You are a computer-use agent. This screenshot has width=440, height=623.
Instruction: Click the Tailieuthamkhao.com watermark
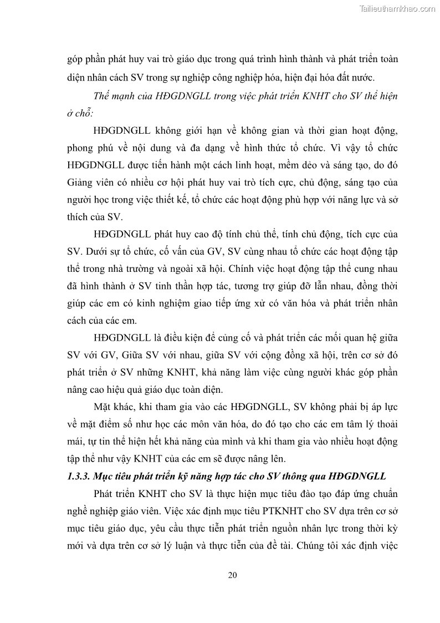397,8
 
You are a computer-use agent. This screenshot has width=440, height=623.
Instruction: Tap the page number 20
233,575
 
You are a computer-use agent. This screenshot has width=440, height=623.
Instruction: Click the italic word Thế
103,95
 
